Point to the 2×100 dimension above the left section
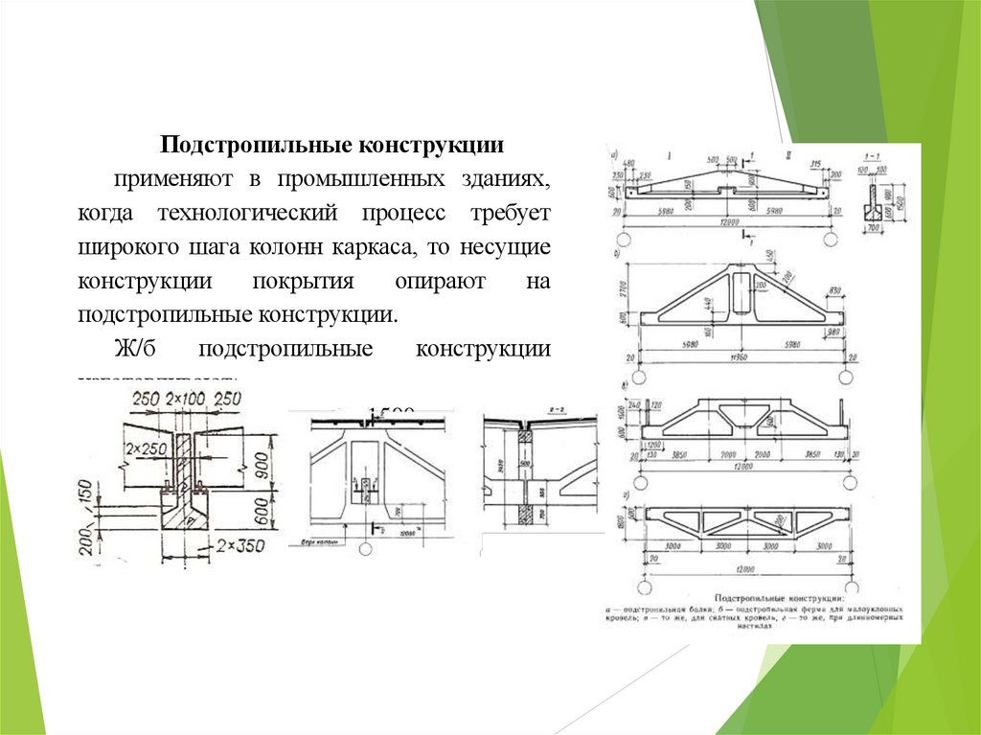pyautogui.click(x=188, y=399)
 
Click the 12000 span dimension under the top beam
pyautogui.click(x=735, y=223)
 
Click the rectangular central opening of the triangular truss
pyautogui.click(x=740, y=288)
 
